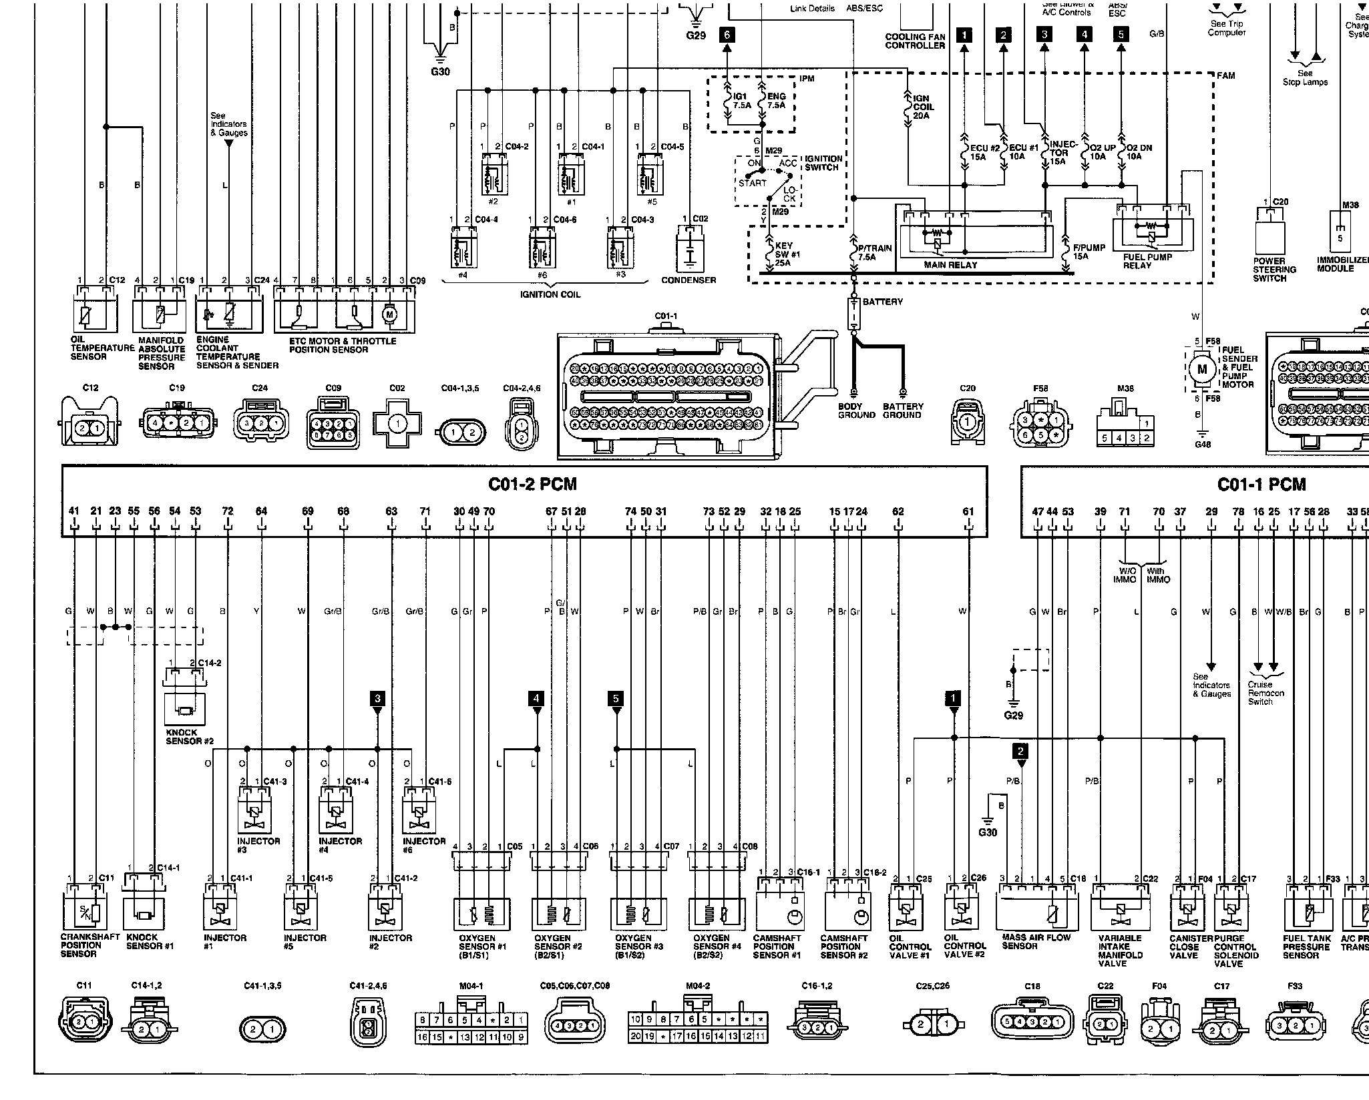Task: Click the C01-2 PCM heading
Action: (532, 484)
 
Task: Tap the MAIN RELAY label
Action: (950, 265)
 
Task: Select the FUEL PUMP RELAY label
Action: (1147, 261)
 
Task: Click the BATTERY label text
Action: (882, 302)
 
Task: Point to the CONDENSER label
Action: (689, 280)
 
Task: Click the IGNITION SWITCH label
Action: (823, 163)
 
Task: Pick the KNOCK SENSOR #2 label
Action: (189, 737)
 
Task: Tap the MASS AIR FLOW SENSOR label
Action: (1036, 941)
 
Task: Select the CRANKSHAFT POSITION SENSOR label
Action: (89, 945)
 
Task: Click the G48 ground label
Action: (1202, 445)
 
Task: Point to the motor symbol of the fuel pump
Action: (1203, 369)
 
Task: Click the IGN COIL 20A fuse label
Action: (923, 107)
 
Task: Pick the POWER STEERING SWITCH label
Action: (1274, 270)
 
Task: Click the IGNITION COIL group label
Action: (550, 294)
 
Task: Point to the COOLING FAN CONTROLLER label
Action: (915, 41)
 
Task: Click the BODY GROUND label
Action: (856, 410)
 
